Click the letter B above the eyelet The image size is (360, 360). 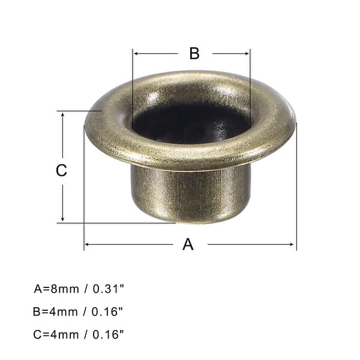pos(194,53)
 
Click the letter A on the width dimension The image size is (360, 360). pos(188,244)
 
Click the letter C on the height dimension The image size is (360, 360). pos(61,170)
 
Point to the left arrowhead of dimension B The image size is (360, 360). pos(136,53)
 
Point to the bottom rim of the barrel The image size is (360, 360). pos(191,221)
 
